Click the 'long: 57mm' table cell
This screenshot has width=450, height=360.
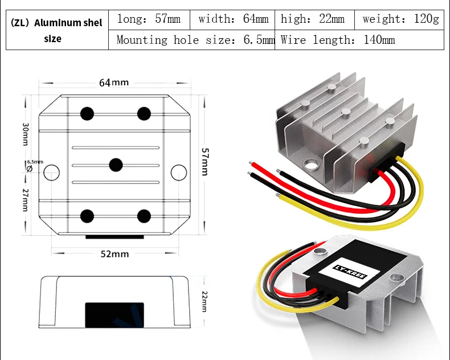(149, 20)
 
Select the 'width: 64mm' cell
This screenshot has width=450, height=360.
(232, 20)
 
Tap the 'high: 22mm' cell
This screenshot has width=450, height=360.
(314, 20)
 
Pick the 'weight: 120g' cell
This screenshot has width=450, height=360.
(399, 20)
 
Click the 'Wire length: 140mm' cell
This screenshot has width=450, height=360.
(359, 40)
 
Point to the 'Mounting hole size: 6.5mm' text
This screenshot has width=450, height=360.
(195, 40)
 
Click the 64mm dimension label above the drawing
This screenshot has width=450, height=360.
(114, 83)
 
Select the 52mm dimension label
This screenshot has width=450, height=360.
(115, 254)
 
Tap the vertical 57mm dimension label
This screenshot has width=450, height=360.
(205, 162)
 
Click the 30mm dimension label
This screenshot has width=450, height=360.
(26, 134)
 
